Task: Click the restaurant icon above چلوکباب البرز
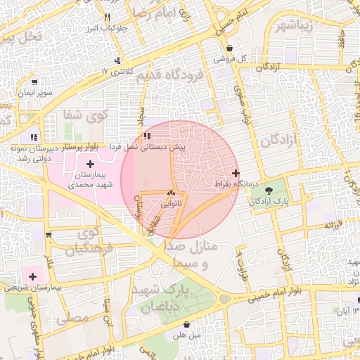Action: (107, 17)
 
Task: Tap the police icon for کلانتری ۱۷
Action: (118, 61)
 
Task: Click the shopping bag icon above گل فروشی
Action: (230, 48)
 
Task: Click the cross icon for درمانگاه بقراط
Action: (235, 173)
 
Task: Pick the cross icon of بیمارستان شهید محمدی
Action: (90, 164)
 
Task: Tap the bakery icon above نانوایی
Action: (172, 193)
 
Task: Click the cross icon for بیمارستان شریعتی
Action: (32, 276)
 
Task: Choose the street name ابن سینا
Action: (107, 311)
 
